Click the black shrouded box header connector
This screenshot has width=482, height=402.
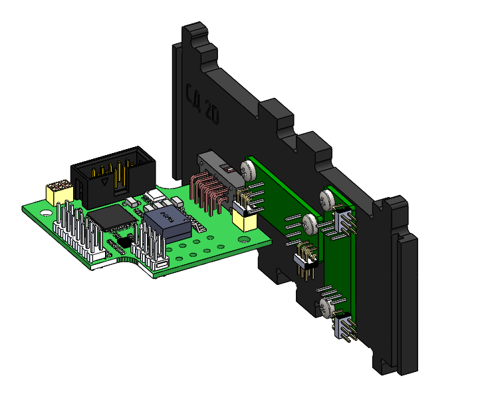coord(113,175)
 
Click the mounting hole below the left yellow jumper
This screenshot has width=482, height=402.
coord(45,214)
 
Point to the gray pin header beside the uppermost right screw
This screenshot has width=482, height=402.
coord(344,219)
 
